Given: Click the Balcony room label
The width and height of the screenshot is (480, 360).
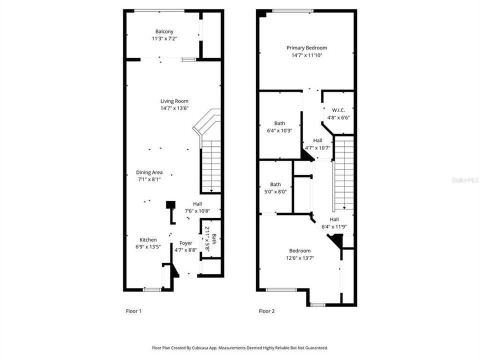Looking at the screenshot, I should tap(164, 31).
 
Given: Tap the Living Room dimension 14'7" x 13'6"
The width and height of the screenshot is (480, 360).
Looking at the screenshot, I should tap(174, 108).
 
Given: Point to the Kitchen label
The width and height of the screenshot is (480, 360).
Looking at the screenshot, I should tap(148, 240).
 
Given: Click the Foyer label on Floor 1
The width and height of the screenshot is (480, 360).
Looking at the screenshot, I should tap(186, 243).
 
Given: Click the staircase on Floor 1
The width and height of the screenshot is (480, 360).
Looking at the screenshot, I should tap(211, 165).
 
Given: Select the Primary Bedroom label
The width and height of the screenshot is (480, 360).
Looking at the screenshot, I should tap(307, 48).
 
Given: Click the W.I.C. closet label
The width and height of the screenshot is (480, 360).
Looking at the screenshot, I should tap(338, 110).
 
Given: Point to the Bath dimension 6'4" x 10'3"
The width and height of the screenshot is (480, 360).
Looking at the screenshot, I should tap(279, 130).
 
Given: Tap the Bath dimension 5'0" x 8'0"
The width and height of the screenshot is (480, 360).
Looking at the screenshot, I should tap(275, 191).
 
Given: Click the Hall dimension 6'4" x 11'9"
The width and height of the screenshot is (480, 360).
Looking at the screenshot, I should tap(334, 226).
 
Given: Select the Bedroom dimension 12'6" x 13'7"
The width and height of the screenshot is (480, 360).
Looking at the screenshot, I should tap(300, 258).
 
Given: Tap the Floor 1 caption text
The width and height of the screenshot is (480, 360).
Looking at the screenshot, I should tap(133, 311).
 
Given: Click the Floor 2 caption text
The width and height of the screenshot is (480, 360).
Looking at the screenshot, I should tap(266, 311).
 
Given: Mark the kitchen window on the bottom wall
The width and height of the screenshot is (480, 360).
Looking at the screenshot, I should tap(151, 289).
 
